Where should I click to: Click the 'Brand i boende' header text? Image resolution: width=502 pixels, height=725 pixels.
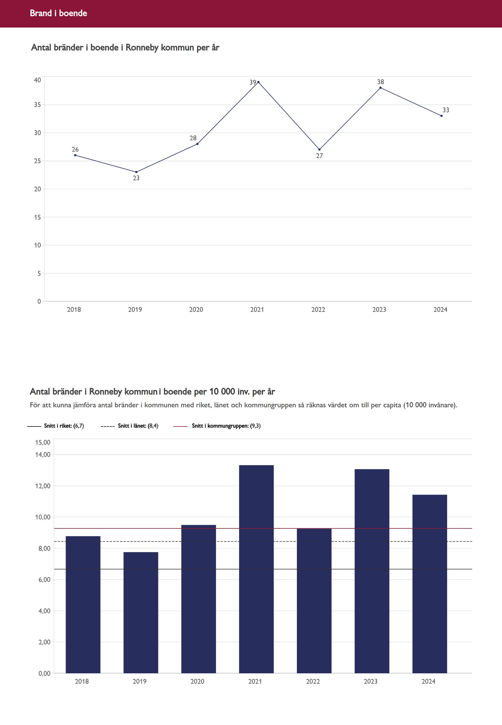pyautogui.click(x=58, y=13)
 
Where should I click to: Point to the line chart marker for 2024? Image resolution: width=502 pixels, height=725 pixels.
pyautogui.click(x=441, y=116)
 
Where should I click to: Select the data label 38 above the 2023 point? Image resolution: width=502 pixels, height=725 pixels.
pyautogui.click(x=380, y=82)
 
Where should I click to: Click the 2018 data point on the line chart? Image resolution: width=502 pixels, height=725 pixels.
pyautogui.click(x=75, y=155)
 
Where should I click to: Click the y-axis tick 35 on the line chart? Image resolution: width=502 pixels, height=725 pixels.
pyautogui.click(x=37, y=105)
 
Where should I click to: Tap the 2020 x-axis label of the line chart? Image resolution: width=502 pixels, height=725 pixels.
pyautogui.click(x=196, y=310)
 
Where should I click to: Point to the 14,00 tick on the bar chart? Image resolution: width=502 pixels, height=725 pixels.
pyautogui.click(x=43, y=455)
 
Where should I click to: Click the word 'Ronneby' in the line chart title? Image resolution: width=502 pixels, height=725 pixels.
pyautogui.click(x=142, y=48)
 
